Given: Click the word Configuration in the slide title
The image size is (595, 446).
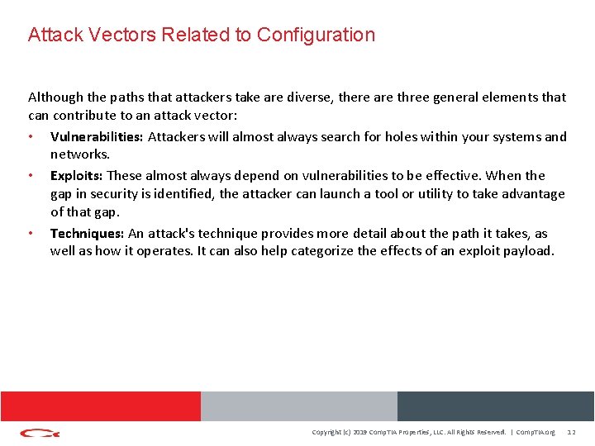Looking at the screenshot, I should (316, 35).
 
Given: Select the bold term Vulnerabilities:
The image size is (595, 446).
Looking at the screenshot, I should (97, 137).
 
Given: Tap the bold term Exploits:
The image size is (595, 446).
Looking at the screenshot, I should (77, 175).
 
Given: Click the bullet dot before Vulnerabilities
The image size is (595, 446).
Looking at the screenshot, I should (31, 137).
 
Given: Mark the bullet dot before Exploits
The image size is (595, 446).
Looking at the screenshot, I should (31, 175).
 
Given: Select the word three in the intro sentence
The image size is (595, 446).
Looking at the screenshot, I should (414, 97).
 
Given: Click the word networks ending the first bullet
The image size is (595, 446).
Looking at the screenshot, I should (79, 154).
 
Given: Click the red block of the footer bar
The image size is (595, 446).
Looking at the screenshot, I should (100, 406).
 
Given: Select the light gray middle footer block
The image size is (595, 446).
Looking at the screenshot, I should (298, 406).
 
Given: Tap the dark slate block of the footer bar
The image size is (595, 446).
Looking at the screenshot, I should (495, 406).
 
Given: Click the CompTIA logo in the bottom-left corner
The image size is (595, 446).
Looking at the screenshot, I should (40, 432).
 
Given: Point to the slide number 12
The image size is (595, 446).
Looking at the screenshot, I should (572, 432).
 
